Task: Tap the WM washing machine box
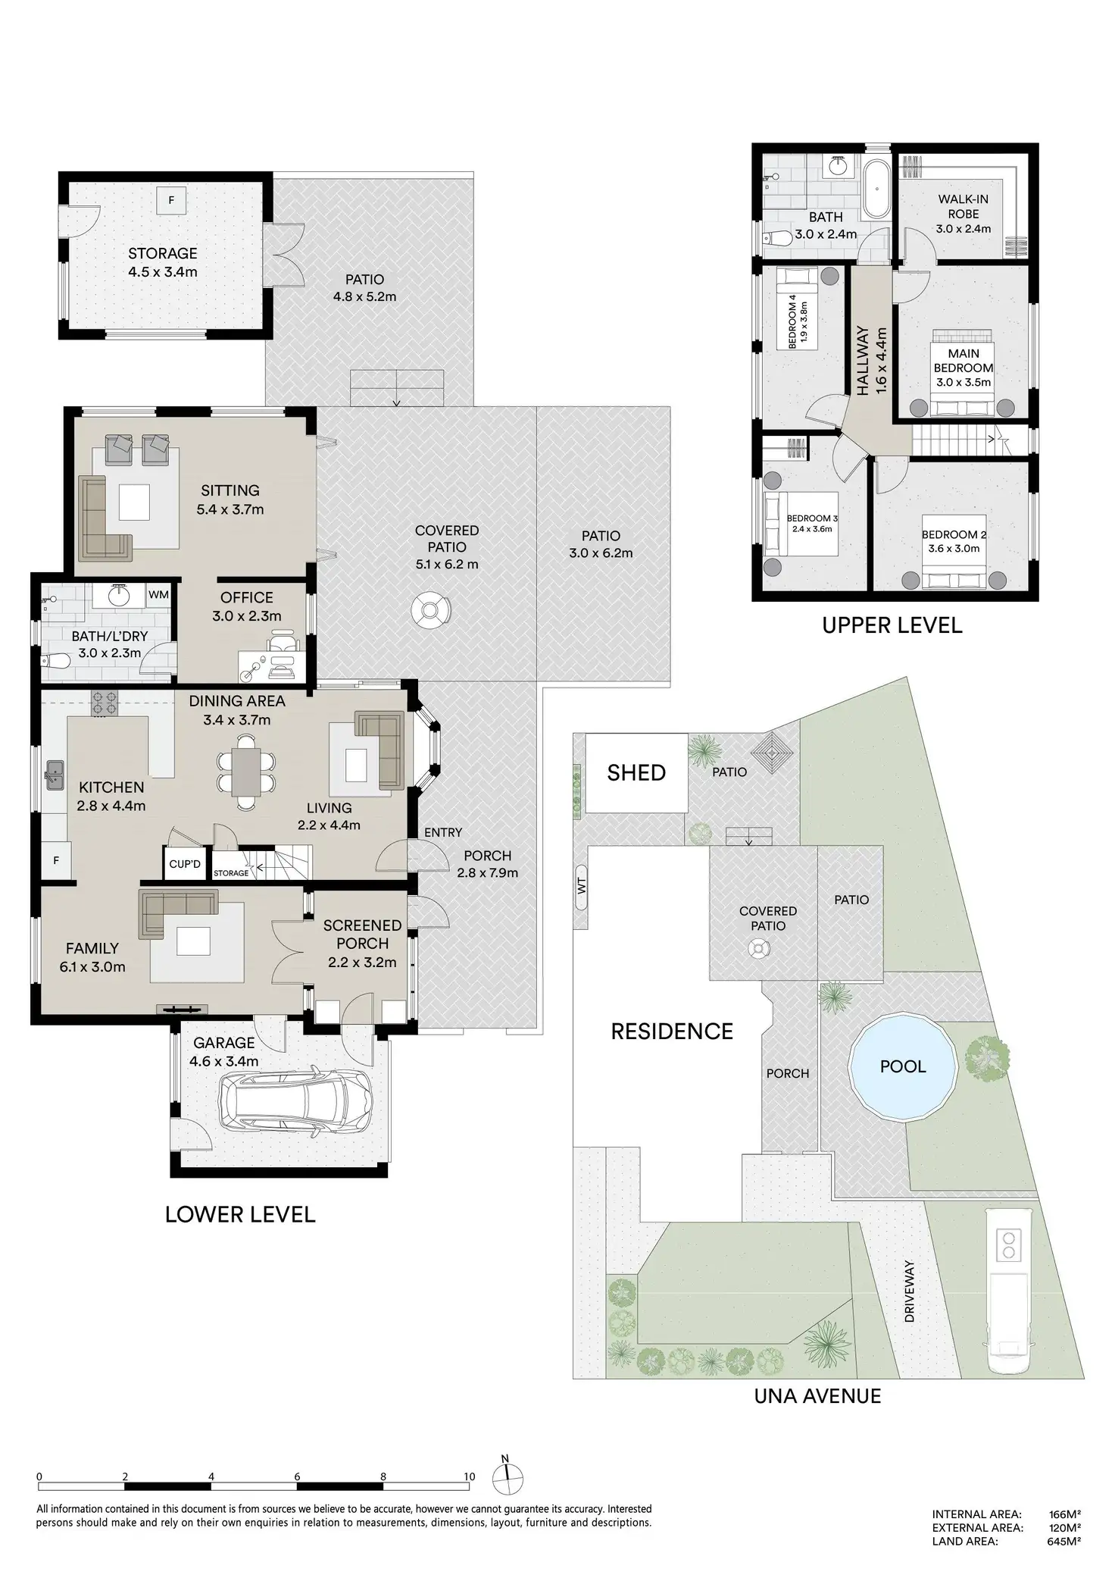pyautogui.click(x=158, y=595)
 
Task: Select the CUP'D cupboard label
pyautogui.click(x=185, y=865)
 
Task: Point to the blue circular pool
pyautogui.click(x=902, y=1066)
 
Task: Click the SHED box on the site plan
pyautogui.click(x=636, y=772)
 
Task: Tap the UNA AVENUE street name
pyautogui.click(x=817, y=1396)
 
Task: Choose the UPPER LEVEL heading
pyautogui.click(x=892, y=625)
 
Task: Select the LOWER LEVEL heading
pyautogui.click(x=240, y=1214)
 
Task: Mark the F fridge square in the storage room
pyautogui.click(x=171, y=201)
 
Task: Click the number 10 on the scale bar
pyautogui.click(x=470, y=1476)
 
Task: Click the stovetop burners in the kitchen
pyautogui.click(x=105, y=703)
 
